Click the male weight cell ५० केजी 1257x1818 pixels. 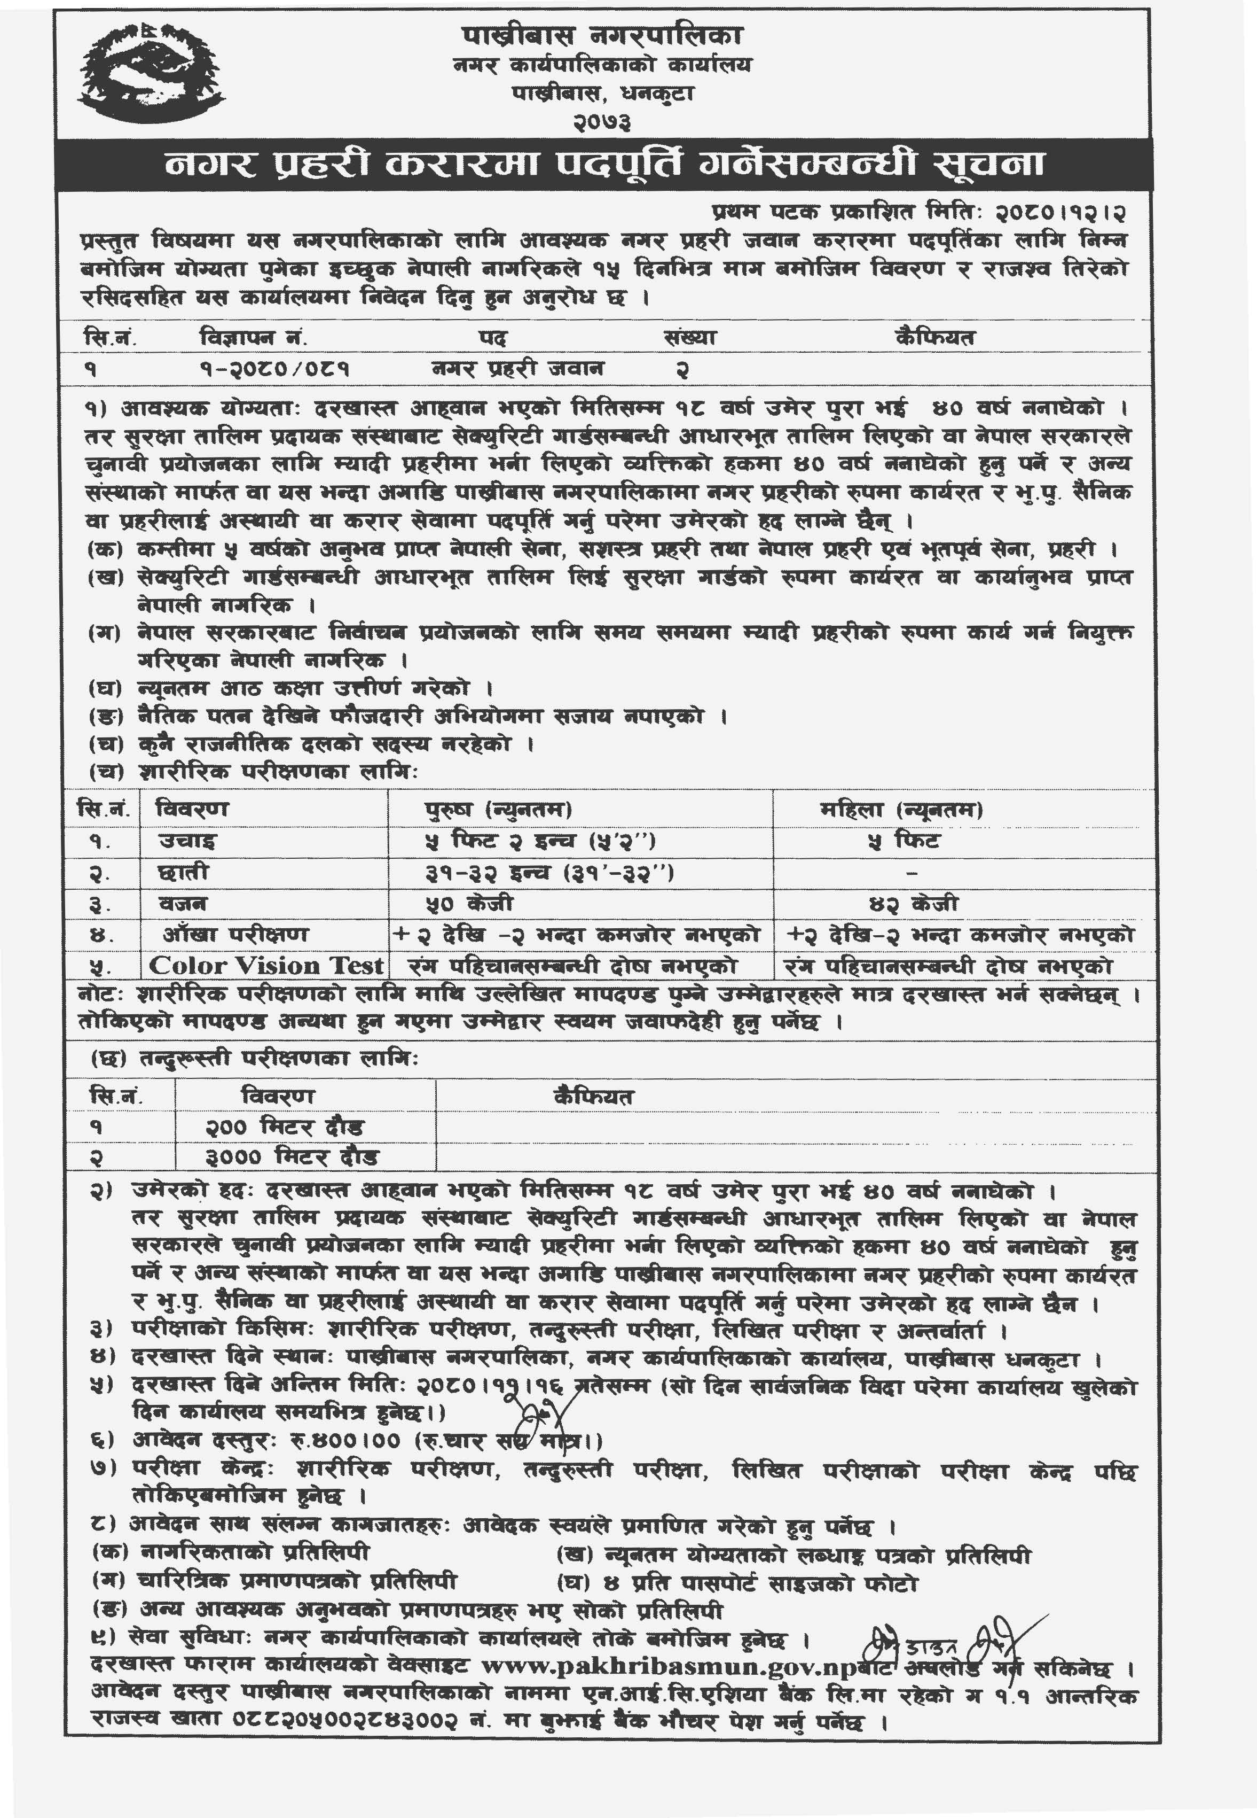468,903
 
